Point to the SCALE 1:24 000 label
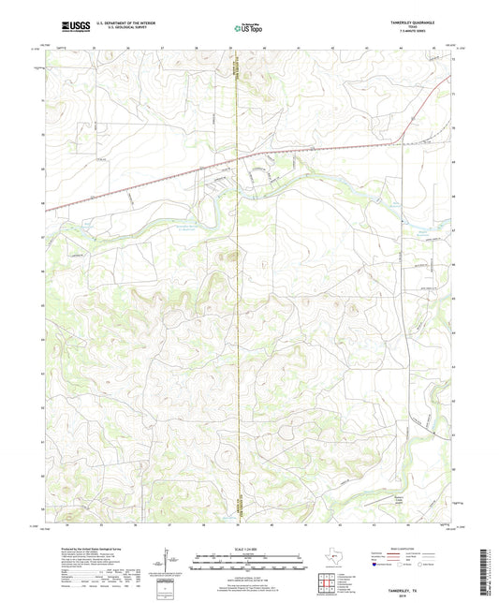[x=249, y=549]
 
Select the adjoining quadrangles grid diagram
[x=330, y=587]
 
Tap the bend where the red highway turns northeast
[x=403, y=141]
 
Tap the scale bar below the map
[x=249, y=565]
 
